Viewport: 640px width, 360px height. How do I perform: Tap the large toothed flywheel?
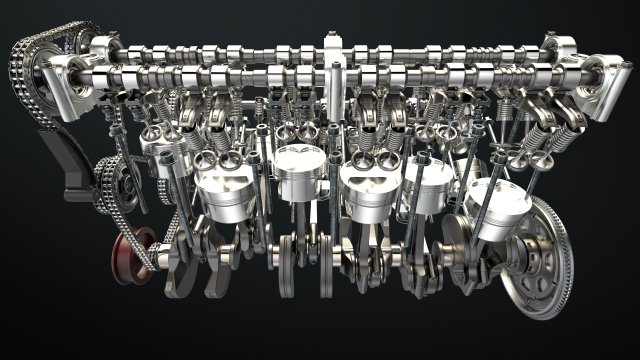coord(546,256)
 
